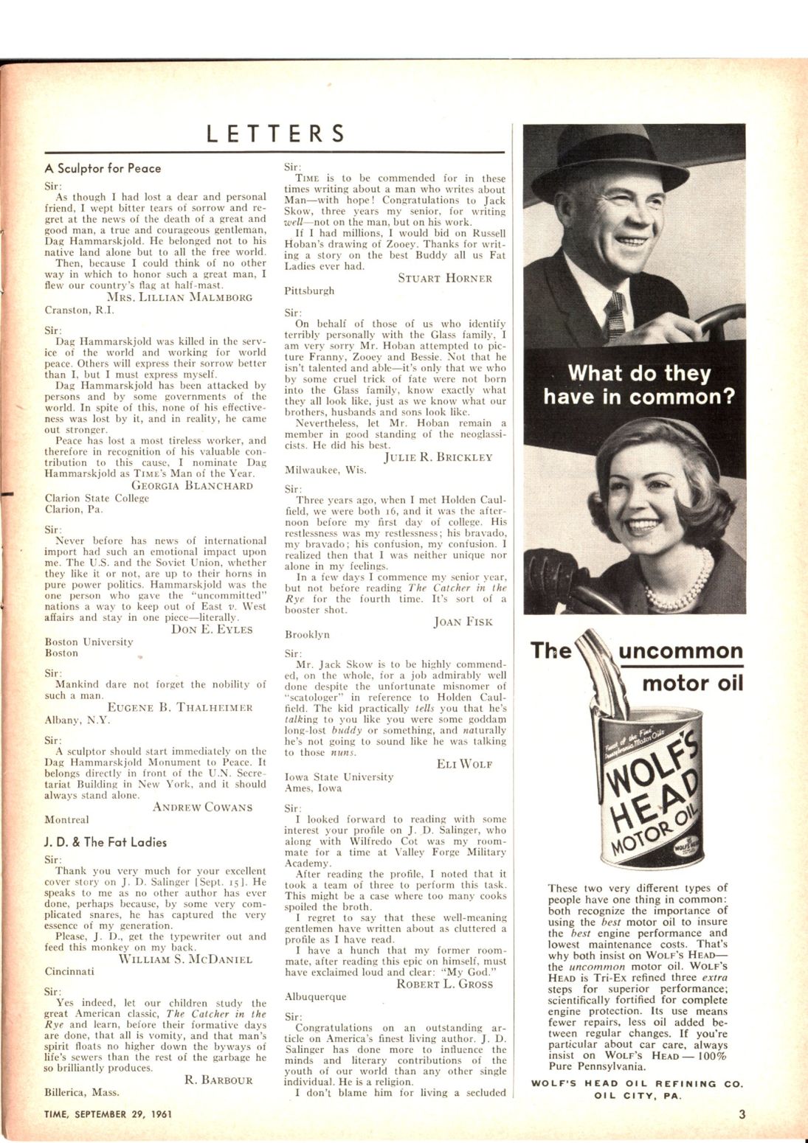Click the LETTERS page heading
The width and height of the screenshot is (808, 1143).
point(275,134)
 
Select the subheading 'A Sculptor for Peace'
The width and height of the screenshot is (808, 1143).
point(103,168)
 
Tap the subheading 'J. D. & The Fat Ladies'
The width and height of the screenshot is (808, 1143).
point(106,842)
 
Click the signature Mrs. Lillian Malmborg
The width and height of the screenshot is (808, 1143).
point(179,297)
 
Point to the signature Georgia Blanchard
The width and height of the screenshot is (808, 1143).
point(192,485)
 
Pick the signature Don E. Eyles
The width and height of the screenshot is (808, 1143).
point(212,629)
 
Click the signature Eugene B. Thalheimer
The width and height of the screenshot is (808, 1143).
point(180,707)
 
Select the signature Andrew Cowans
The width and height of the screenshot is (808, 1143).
point(202,807)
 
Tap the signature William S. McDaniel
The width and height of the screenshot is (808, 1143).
point(185,959)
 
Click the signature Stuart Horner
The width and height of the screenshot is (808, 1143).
point(445,278)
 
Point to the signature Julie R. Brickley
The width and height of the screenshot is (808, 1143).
point(438,457)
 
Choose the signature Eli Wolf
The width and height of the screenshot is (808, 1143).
point(464,764)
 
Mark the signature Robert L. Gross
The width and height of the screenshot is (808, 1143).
point(444,984)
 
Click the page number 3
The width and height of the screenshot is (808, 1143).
point(742,1114)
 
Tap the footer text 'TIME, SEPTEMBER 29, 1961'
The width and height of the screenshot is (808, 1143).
point(108,1114)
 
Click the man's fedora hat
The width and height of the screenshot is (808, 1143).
point(607,161)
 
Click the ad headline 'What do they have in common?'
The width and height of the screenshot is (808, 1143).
point(639,385)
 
